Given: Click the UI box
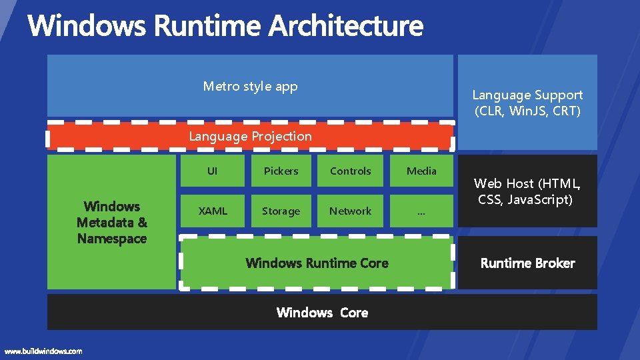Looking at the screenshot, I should click(x=212, y=171).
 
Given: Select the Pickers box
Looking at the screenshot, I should click(x=281, y=171).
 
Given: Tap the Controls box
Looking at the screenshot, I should click(x=350, y=171).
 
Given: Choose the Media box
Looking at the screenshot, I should click(x=421, y=171).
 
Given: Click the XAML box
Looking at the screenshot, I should click(x=213, y=211).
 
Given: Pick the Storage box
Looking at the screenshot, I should click(x=281, y=211).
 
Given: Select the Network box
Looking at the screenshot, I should click(x=350, y=211).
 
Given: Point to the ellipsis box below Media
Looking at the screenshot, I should click(x=421, y=211).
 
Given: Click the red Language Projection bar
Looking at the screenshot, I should click(x=250, y=137).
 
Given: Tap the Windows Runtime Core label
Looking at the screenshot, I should click(x=317, y=263).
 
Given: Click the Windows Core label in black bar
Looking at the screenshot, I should click(x=322, y=313).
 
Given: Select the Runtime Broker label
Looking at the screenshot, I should click(x=527, y=263).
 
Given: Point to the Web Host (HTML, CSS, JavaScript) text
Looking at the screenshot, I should click(x=527, y=191).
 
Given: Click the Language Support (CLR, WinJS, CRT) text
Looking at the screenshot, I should click(x=527, y=103).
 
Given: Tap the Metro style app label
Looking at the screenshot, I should click(x=250, y=86).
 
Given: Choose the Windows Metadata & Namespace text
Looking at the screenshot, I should click(x=111, y=223).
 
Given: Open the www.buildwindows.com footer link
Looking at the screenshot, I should click(x=43, y=351).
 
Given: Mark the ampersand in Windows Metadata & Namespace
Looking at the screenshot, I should click(x=142, y=223).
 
